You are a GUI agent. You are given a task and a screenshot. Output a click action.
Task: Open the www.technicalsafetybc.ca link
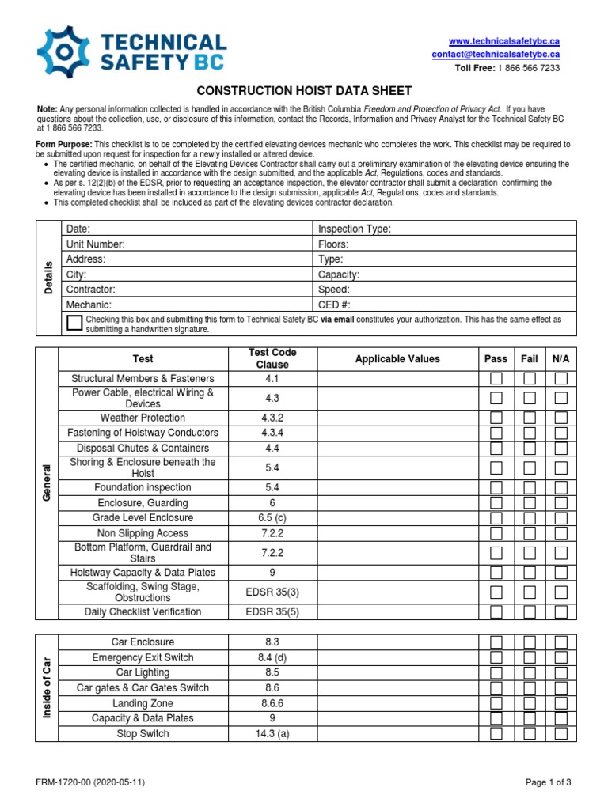pos(504,40)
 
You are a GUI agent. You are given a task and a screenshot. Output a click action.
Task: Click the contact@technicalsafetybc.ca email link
pos(496,55)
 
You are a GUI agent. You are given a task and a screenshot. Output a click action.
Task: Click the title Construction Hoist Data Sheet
pos(304,91)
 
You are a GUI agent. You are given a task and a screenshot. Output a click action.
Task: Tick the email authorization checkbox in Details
pos(74,322)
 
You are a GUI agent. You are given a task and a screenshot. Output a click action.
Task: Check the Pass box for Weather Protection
pos(496,418)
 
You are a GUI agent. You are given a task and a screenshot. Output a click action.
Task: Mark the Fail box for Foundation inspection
pos(530,488)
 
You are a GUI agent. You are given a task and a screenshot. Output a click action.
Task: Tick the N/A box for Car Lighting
pos(560,672)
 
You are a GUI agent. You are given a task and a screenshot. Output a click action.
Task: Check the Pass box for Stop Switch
pos(496,733)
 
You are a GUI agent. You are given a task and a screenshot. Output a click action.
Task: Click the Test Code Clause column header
pos(272,358)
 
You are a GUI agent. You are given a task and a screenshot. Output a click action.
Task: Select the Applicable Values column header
pos(397,358)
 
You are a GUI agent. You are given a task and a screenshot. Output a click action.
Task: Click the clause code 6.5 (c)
pos(272,517)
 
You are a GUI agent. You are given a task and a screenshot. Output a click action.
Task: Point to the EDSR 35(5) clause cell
pos(272,611)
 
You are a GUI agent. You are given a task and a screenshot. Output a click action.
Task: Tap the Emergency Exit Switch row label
pos(142,657)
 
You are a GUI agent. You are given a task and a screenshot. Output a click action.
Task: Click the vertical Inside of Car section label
pos(47,687)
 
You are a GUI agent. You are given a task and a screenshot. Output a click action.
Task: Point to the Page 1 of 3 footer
pos(548,782)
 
